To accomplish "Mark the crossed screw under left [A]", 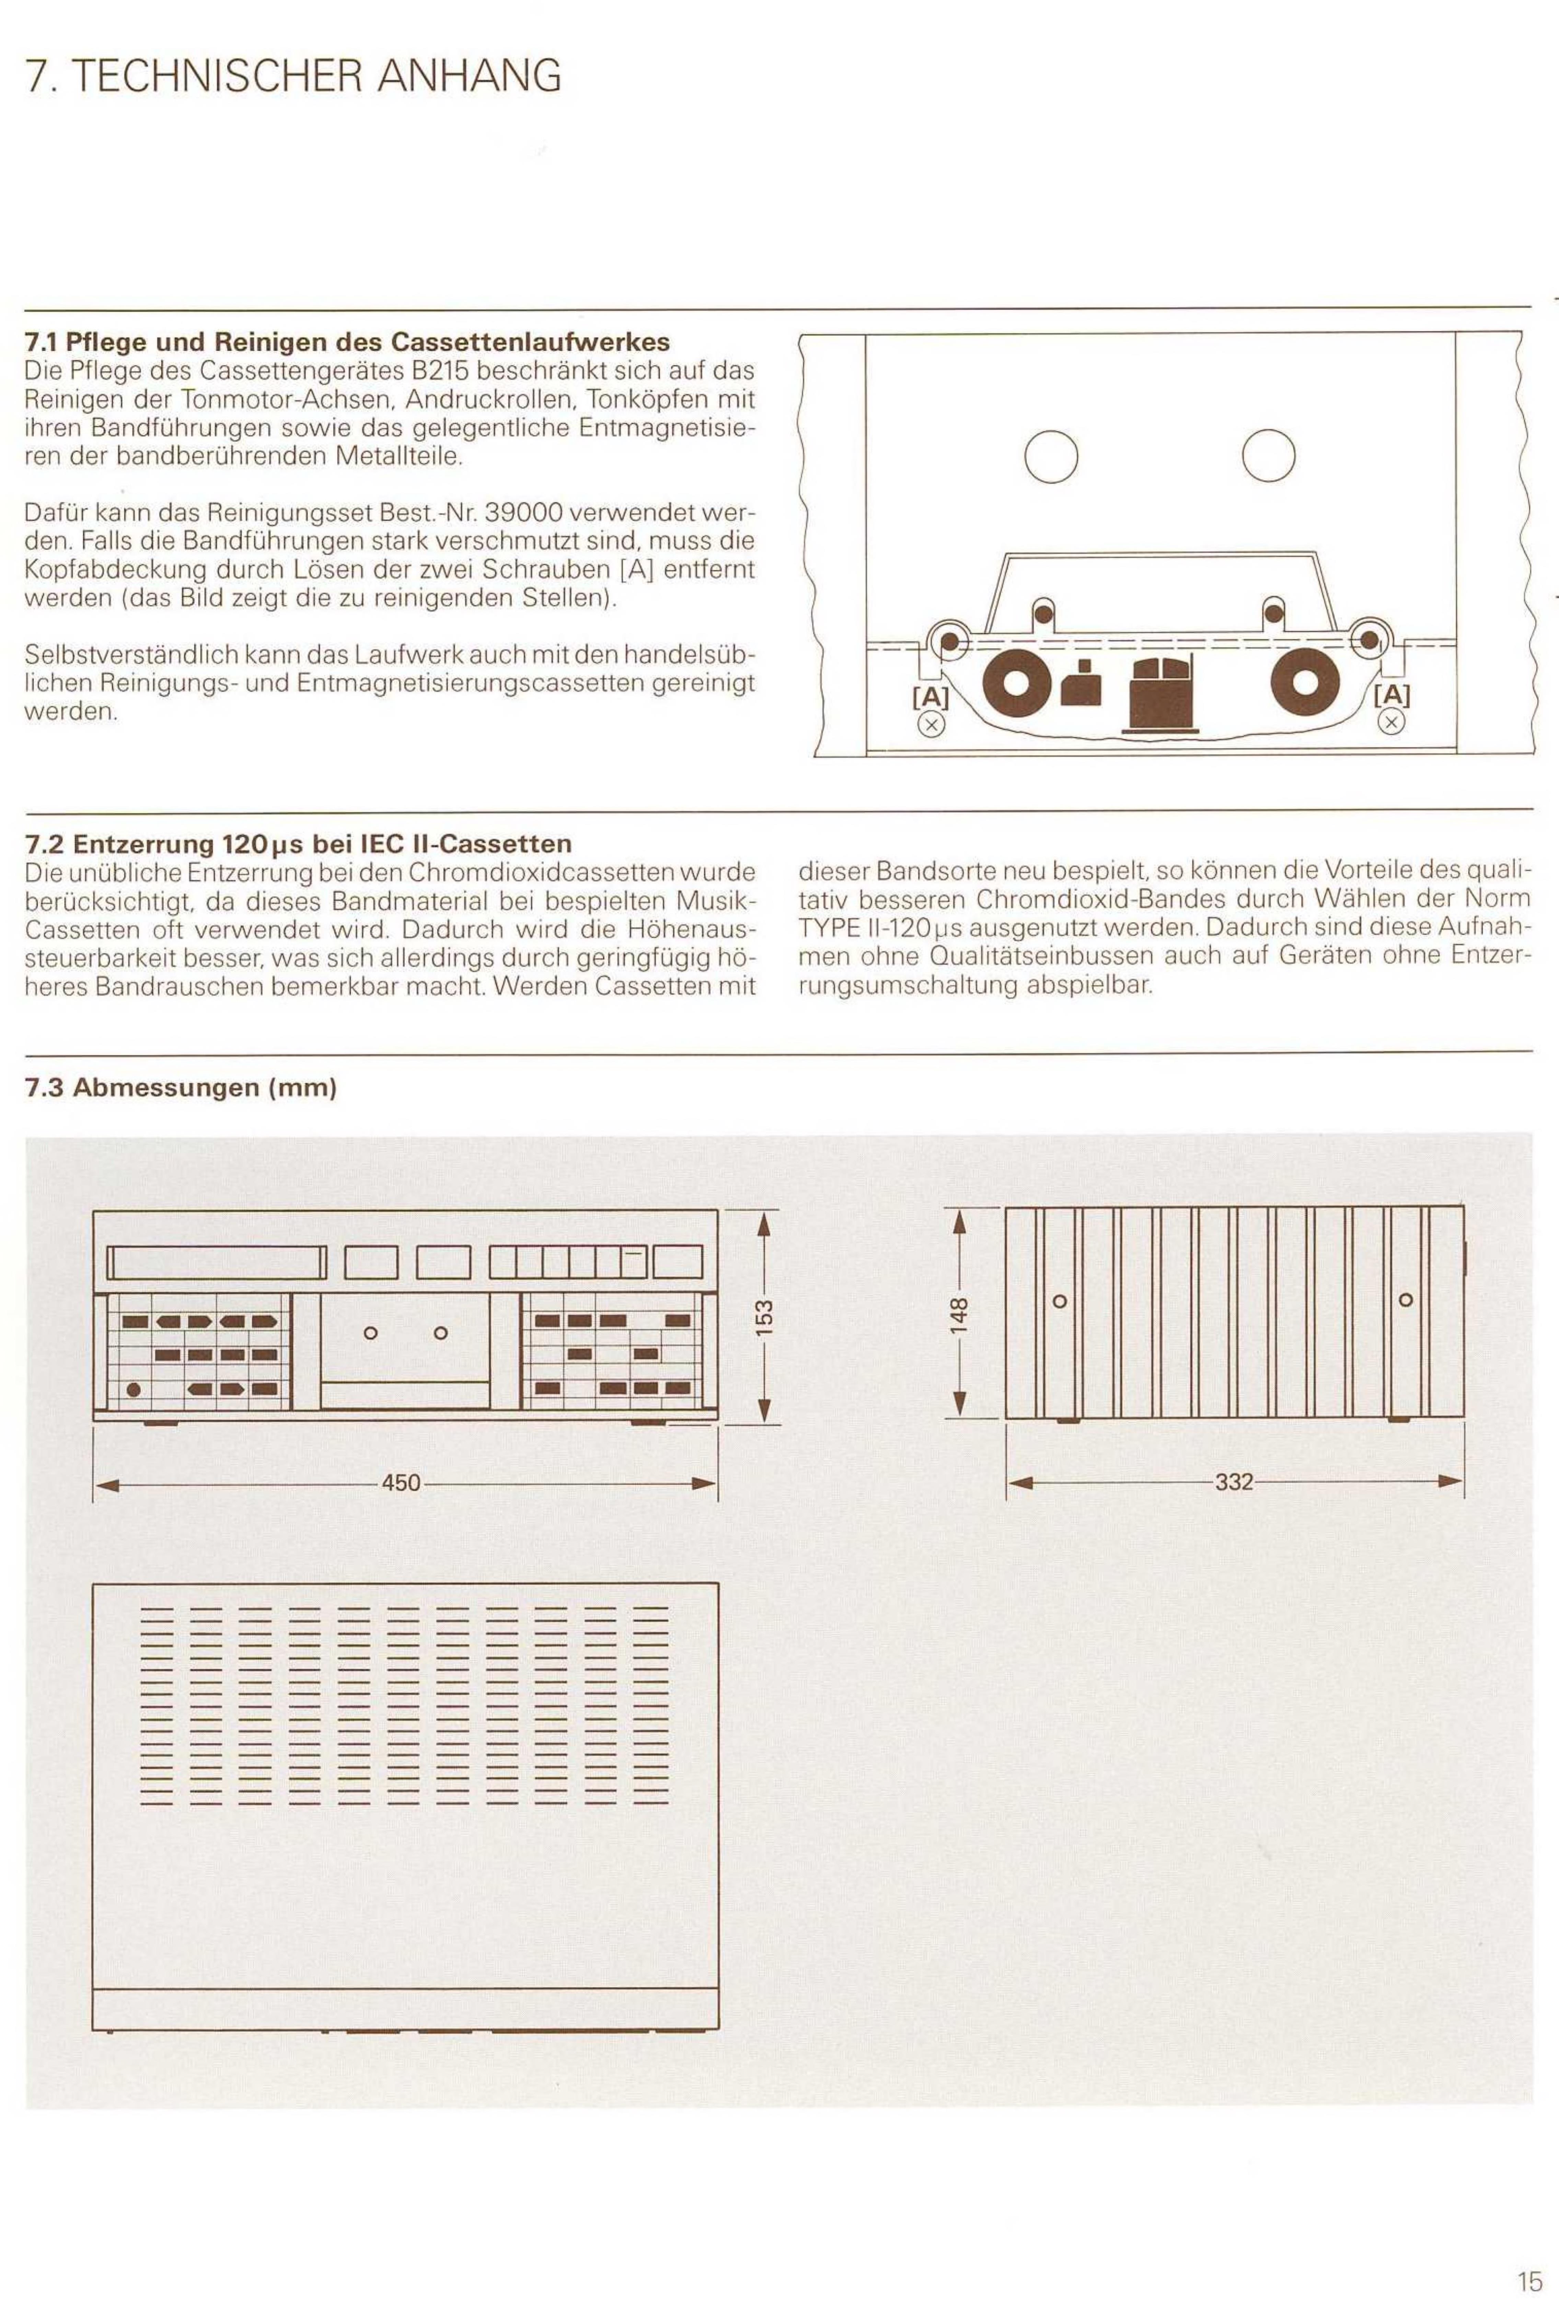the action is click(932, 725).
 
